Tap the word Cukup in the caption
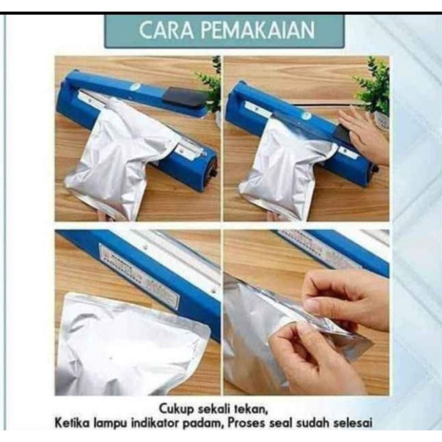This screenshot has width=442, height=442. click(x=178, y=409)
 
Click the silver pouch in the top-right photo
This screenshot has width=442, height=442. click(x=282, y=166)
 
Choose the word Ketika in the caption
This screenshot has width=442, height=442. click(x=74, y=424)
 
